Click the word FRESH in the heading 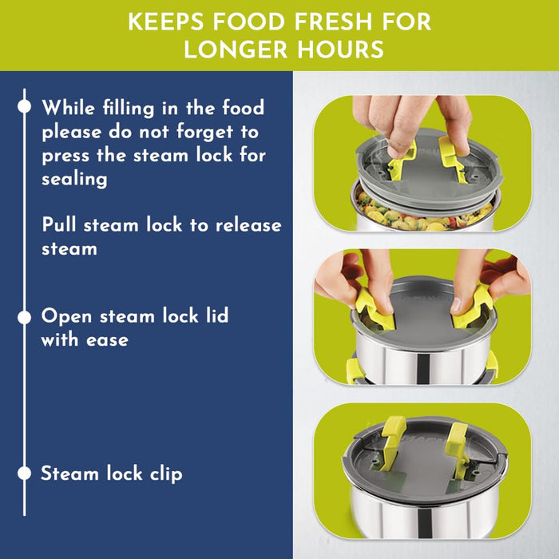[x=333, y=22]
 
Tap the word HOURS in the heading [x=340, y=50]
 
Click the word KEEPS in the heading [x=166, y=22]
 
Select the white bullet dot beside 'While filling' [x=24, y=106]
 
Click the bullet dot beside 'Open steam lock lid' [x=24, y=317]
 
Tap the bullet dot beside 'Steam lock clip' [x=24, y=474]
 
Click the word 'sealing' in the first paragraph [x=74, y=179]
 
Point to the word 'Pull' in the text [x=59, y=224]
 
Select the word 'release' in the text [x=248, y=225]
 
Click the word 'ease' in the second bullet [x=107, y=339]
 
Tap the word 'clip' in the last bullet [x=166, y=474]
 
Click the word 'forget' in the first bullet [x=204, y=133]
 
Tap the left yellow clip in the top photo [x=400, y=161]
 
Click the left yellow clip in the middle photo [x=375, y=310]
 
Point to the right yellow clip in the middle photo [x=471, y=307]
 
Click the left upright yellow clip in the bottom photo [x=392, y=442]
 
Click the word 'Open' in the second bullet [x=66, y=317]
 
